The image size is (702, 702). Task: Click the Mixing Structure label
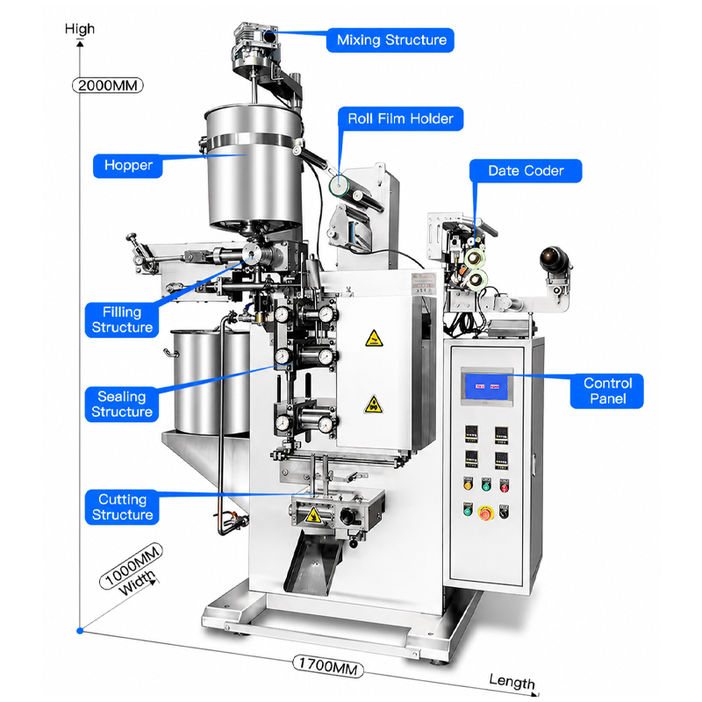click(x=390, y=40)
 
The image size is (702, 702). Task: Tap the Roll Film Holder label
click(x=400, y=118)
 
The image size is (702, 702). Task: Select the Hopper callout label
click(x=128, y=166)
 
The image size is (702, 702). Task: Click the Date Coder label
click(x=526, y=170)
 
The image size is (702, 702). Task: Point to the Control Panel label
click(x=607, y=390)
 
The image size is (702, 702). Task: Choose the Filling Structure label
click(x=122, y=319)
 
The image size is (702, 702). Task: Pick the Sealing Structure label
click(x=122, y=405)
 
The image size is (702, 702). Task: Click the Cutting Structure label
click(x=122, y=507)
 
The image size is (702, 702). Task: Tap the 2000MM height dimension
click(x=108, y=85)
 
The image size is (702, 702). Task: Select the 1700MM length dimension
click(x=327, y=666)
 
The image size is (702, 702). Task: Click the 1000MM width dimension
click(x=131, y=566)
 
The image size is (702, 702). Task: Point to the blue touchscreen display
click(x=487, y=387)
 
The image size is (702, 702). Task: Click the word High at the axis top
click(x=80, y=29)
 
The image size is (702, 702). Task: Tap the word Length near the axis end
click(x=512, y=682)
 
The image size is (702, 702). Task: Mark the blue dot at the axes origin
click(x=80, y=630)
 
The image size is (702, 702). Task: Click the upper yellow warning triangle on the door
click(x=374, y=339)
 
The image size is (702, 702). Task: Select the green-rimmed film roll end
click(x=339, y=185)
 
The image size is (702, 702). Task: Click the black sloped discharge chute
click(x=312, y=562)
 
